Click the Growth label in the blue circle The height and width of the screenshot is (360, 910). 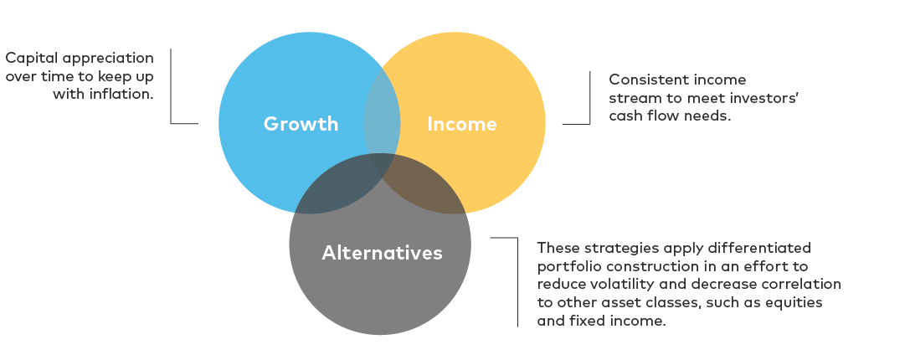[x=301, y=124]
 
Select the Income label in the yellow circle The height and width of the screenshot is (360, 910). [x=462, y=124]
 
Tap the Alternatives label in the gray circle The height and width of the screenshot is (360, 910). [x=382, y=253]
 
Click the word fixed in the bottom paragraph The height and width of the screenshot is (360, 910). [x=587, y=321]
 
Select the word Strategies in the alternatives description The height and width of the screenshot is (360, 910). [x=603, y=248]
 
